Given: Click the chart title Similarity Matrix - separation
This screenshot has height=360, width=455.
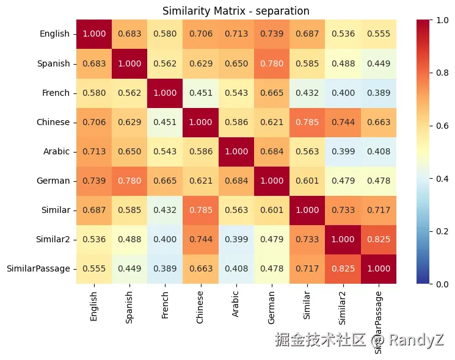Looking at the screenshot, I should coord(236,11).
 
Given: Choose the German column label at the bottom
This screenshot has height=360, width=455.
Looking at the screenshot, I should coord(271,304).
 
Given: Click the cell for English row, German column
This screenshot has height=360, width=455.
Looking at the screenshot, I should coord(271,34).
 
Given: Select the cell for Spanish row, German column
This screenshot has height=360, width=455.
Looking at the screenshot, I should coord(271,63).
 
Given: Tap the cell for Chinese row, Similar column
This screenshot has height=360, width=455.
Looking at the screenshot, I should coord(307,122).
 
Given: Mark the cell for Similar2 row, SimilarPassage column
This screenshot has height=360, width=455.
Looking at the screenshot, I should coord(377,239).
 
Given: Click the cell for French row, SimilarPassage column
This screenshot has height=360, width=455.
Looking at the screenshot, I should coord(377,93).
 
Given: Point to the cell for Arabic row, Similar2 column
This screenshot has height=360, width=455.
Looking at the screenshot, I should coord(342,151).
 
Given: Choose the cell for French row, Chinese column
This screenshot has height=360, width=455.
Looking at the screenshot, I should coord(200,93).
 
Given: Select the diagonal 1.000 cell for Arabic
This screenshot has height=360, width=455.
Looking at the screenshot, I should coord(235,151).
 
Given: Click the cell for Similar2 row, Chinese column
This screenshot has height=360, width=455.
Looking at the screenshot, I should coord(200,239).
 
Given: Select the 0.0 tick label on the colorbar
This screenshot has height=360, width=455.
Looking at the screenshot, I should coord(443,284).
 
